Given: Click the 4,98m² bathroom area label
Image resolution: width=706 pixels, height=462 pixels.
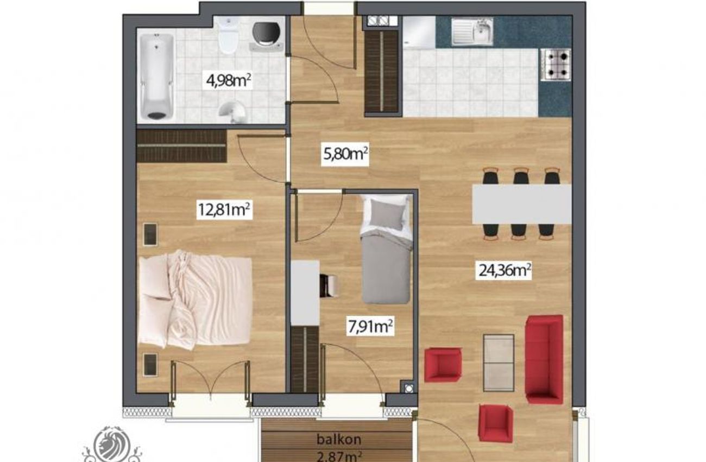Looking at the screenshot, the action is pos(229,81).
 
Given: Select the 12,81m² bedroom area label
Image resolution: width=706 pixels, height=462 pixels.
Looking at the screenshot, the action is pos(224,209).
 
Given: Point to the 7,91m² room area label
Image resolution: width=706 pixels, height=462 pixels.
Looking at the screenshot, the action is pos(370,327).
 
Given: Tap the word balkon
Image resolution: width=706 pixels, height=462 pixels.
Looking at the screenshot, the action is pos(339,439).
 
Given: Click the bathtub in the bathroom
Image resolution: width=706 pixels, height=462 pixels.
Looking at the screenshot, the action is pos(156,77).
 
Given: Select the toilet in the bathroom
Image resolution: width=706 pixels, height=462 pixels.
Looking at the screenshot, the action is pos(228,35).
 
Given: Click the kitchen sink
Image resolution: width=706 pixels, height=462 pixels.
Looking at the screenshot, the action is pos(472,31).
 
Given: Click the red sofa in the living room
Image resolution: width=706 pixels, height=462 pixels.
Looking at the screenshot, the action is pos(544,359).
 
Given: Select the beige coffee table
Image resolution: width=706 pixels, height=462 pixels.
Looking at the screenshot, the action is pos(499,363).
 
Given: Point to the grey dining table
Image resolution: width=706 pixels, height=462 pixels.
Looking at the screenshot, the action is pos(521,204).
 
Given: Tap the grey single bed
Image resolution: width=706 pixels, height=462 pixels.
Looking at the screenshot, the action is pos(386,249).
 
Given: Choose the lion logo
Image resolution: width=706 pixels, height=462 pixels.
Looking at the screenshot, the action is pos(112,445).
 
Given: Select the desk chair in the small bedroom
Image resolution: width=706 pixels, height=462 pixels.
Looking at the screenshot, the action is pos(329,286).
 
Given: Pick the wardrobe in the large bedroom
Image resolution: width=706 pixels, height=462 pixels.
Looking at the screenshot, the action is pos(181,146).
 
